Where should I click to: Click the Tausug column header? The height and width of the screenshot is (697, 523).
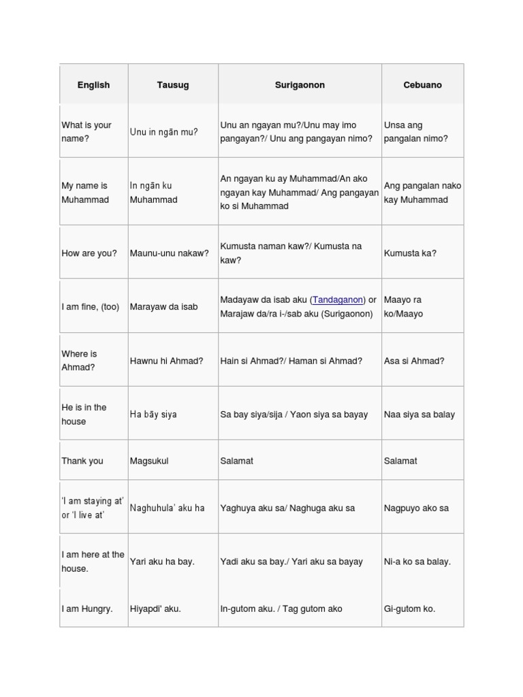coord(172,85)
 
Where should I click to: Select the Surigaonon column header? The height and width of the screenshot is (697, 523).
coord(300,85)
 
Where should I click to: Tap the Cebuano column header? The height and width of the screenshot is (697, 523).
coord(422,85)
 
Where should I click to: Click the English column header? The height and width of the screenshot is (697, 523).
coord(93,85)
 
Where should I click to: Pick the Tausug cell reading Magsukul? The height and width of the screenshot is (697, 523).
coord(149,461)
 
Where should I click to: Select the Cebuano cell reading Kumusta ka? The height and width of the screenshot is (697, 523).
coord(410,253)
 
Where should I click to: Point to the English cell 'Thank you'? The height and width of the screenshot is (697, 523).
coord(82,461)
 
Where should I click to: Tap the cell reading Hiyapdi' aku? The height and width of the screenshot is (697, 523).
coord(155,609)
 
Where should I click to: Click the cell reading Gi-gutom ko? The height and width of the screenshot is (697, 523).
coord(409,609)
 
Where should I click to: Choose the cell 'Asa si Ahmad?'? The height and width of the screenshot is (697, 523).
coord(414,361)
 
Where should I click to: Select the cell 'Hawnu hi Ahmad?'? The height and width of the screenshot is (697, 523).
coord(166,361)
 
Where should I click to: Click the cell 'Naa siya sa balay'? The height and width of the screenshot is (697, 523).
coord(419,415)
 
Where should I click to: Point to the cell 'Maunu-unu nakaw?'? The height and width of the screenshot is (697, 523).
coord(169,253)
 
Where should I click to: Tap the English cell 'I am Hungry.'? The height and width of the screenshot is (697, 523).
coord(87,609)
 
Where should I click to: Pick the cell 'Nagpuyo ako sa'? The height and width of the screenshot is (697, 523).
coord(416,508)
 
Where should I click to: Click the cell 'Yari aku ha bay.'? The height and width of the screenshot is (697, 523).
coord(162,562)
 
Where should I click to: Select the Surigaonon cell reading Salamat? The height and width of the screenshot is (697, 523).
coord(236,461)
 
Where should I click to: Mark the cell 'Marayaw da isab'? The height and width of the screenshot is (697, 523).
coord(163,307)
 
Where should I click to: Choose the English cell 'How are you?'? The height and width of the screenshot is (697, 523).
coord(89,253)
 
